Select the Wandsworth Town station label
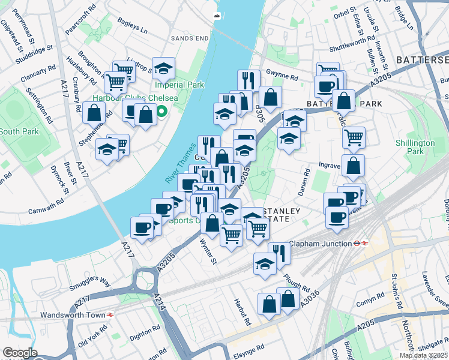pos(71,314)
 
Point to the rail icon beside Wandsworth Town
pos(111,314)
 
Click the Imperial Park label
pos(179,85)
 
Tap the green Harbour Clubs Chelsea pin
pos(161,111)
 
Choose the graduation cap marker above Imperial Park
pos(163,69)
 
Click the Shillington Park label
pos(415,147)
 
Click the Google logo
pos(19,353)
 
